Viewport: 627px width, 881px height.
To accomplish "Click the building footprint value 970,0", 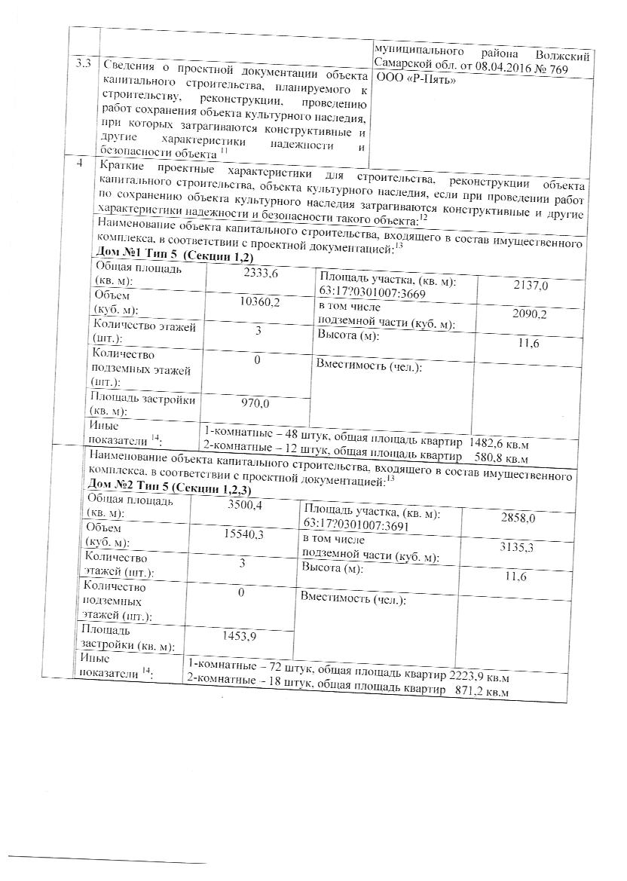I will click(x=255, y=403).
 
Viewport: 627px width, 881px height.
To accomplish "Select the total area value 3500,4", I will click(x=244, y=505).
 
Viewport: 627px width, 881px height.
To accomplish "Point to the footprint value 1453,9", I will click(x=240, y=636).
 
